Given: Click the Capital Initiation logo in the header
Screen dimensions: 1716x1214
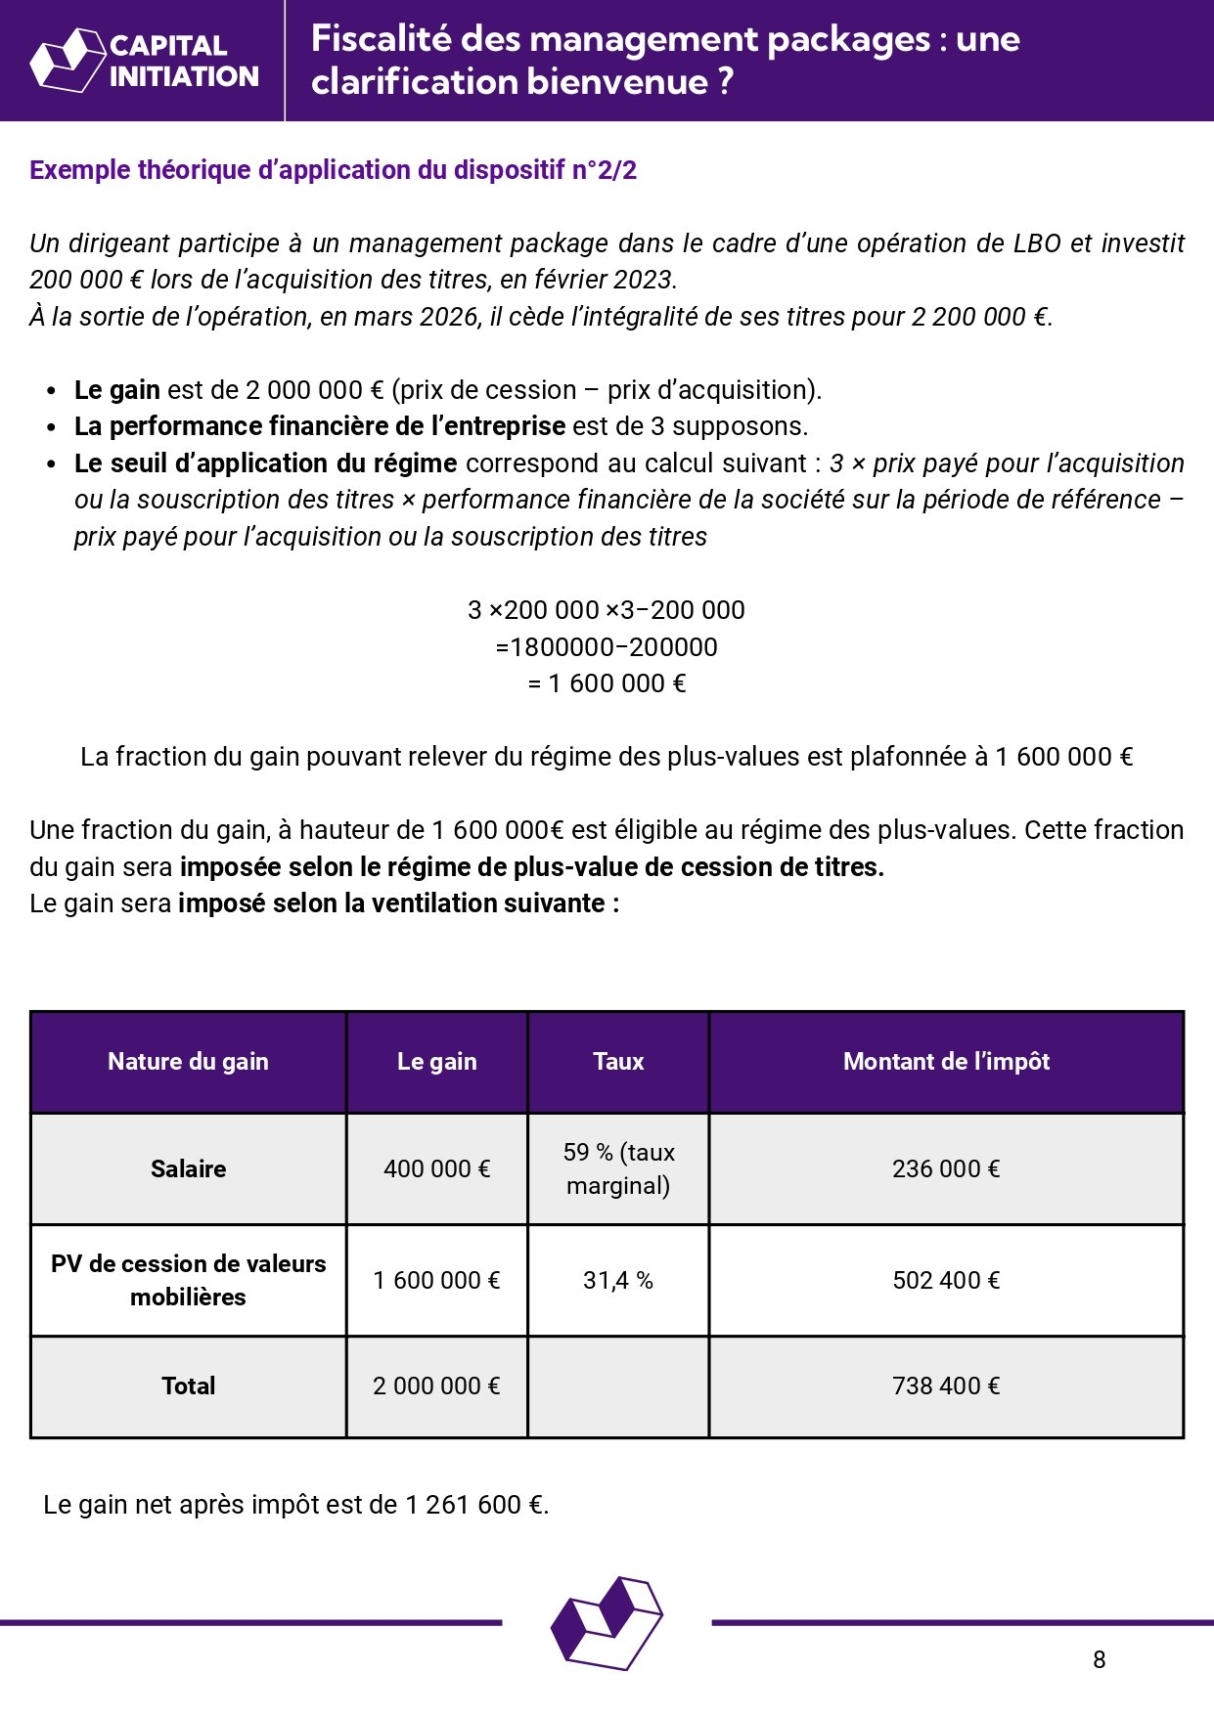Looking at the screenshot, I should pyautogui.click(x=145, y=61).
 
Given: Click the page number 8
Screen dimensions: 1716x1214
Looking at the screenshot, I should pyautogui.click(x=1099, y=1659).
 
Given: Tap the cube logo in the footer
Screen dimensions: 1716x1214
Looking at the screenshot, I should pyautogui.click(x=607, y=1622).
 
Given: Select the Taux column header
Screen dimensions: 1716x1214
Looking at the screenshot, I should pyautogui.click(x=618, y=1062).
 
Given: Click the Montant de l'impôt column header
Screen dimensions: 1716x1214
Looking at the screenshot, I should pyautogui.click(x=946, y=1062).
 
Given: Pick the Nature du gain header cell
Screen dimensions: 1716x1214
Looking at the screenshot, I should pyautogui.click(x=188, y=1062).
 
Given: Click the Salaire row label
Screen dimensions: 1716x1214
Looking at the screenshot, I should pyautogui.click(x=188, y=1168).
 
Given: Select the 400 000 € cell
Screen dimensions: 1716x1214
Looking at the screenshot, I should pyautogui.click(x=436, y=1168).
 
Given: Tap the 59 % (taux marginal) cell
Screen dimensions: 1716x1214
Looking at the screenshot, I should pyautogui.click(x=618, y=1168).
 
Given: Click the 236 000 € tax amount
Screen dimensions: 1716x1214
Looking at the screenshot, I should pyautogui.click(x=946, y=1168).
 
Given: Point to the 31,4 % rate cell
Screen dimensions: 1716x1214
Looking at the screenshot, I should pyautogui.click(x=618, y=1280).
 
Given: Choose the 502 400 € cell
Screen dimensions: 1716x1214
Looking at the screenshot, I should pyautogui.click(x=946, y=1280).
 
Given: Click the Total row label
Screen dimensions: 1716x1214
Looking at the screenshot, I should pyautogui.click(x=188, y=1386).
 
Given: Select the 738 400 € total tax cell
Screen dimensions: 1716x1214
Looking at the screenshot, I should pyautogui.click(x=946, y=1386).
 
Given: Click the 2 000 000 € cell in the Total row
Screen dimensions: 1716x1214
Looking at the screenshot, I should pyautogui.click(x=436, y=1386).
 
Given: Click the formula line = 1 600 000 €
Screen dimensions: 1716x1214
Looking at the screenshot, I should pyautogui.click(x=607, y=683).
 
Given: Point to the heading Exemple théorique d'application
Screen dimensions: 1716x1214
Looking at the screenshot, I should pyautogui.click(x=333, y=170).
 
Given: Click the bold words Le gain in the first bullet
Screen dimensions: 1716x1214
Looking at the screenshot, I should pyautogui.click(x=116, y=390).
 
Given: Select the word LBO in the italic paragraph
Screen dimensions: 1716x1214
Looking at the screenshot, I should pyautogui.click(x=1037, y=243).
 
